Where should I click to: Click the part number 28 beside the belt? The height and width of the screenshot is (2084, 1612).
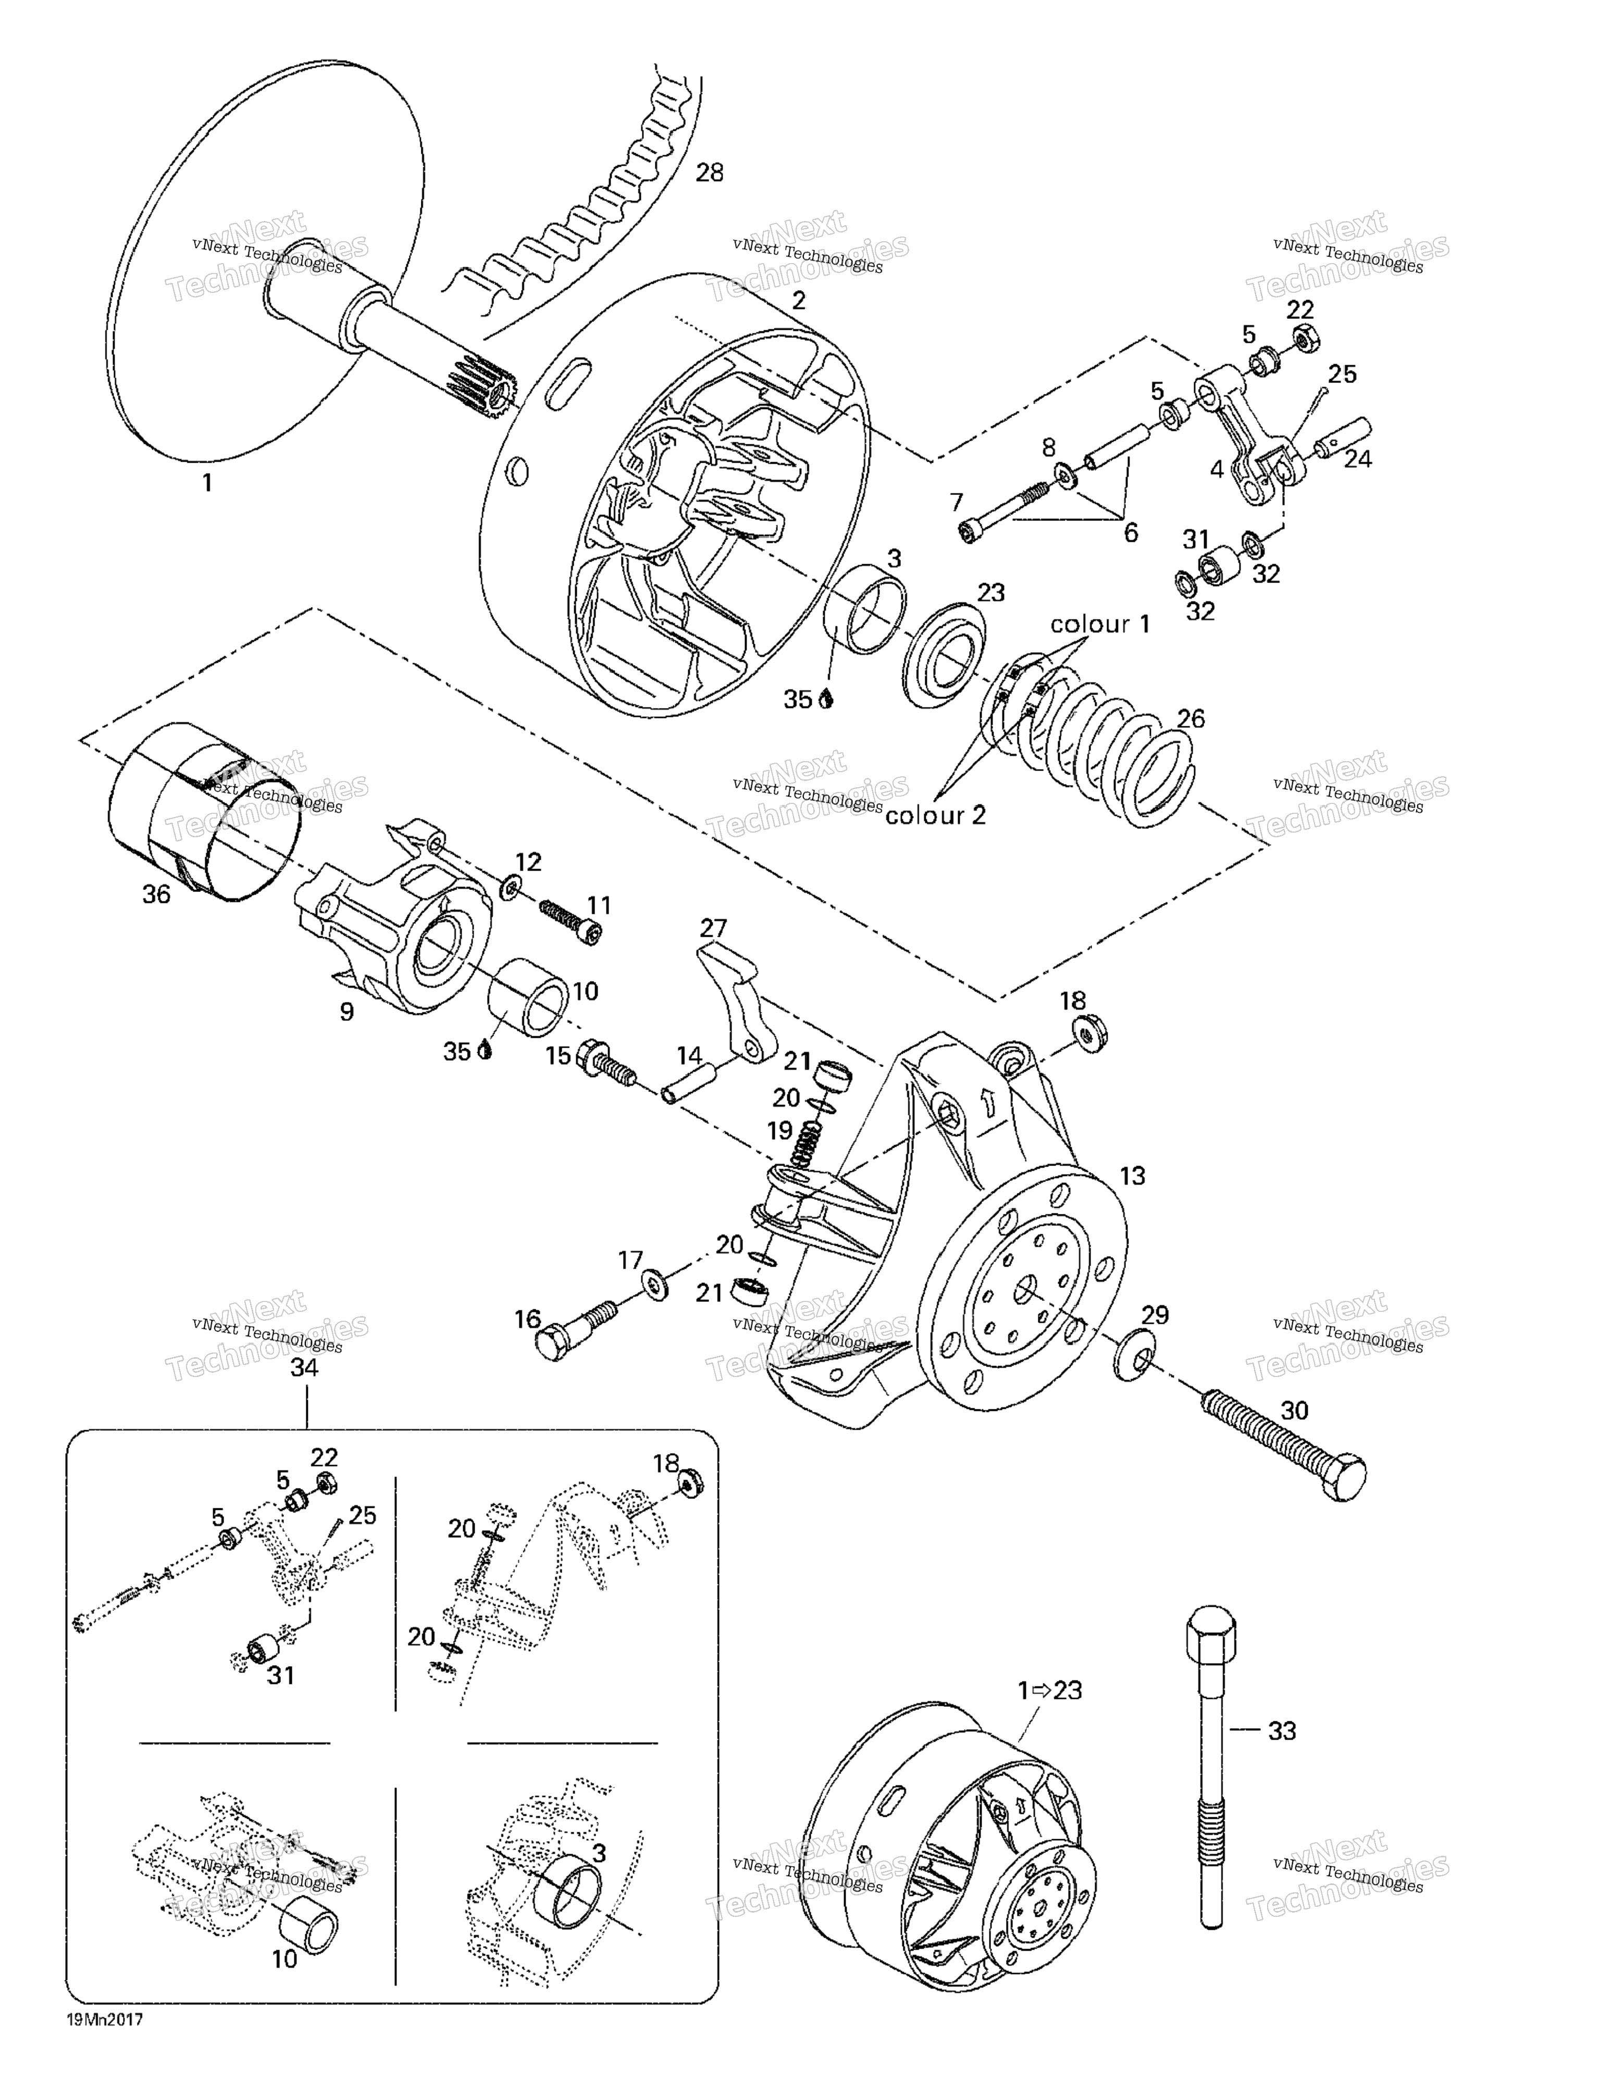click(x=709, y=173)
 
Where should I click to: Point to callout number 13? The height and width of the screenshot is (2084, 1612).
click(x=1132, y=1176)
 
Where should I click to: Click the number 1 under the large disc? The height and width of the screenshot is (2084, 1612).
click(x=206, y=483)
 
